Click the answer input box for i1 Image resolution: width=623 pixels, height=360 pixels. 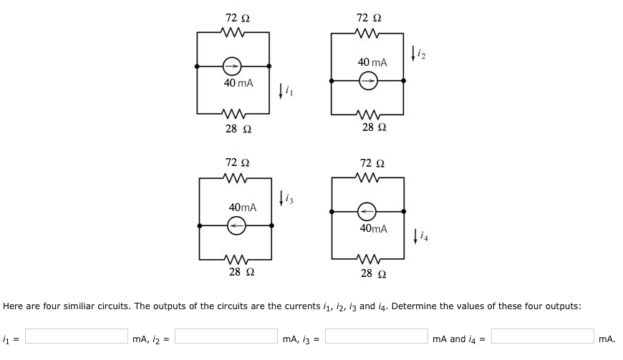[x=77, y=336]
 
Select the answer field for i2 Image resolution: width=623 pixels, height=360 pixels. [x=226, y=336]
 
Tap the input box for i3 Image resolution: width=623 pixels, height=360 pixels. [x=376, y=336]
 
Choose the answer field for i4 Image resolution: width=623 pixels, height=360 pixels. [x=542, y=336]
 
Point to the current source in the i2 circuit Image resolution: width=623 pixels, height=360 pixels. [x=367, y=81]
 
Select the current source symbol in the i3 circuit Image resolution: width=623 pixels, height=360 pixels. [x=236, y=225]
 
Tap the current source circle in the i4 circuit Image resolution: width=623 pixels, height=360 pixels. [x=367, y=211]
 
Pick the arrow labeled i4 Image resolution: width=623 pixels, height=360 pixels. [x=417, y=235]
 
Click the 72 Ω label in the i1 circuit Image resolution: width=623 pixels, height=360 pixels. [x=237, y=16]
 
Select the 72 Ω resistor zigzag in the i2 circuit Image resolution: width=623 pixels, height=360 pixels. [x=368, y=33]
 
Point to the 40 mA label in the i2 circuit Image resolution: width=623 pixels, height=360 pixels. [x=372, y=63]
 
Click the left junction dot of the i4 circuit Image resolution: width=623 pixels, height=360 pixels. [x=331, y=211]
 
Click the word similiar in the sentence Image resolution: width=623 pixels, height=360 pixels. [x=113, y=306]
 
